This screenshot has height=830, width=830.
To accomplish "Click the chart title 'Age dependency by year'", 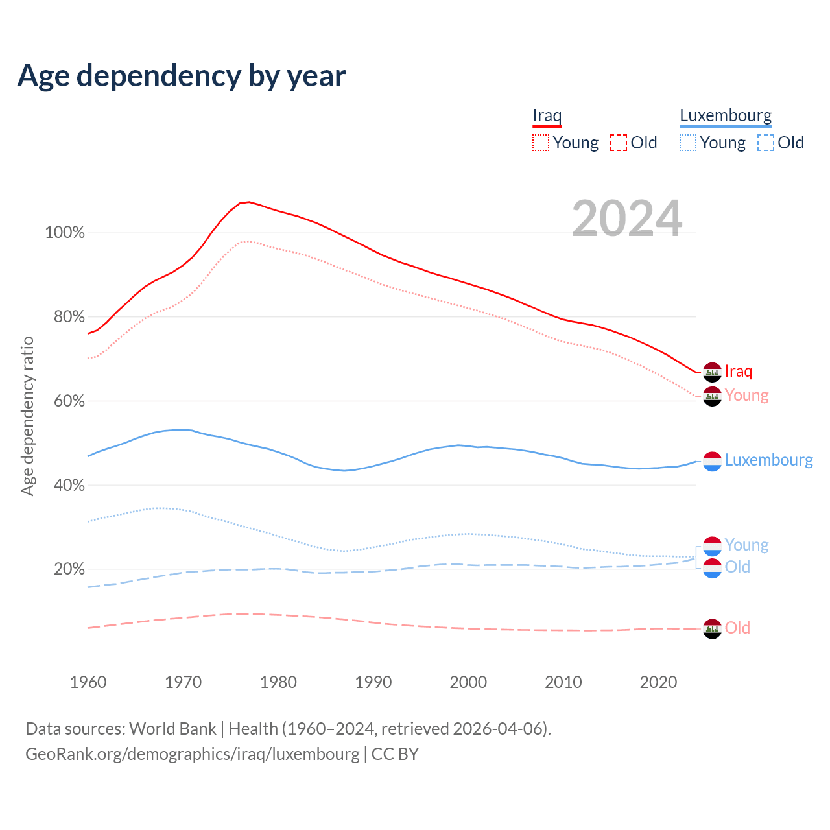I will click(182, 76).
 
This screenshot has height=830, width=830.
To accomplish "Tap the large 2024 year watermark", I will click(626, 219).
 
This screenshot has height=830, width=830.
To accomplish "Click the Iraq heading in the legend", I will click(547, 116).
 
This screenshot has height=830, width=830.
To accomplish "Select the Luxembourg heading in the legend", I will click(726, 116).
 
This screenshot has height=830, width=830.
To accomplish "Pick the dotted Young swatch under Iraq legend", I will click(540, 143).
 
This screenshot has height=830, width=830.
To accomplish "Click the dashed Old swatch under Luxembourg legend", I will click(765, 143).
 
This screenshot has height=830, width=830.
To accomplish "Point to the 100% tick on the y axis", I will click(65, 233).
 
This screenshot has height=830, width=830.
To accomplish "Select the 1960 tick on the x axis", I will click(88, 682).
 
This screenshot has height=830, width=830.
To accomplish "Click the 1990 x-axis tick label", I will click(373, 682).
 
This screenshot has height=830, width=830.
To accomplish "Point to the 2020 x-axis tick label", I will click(658, 682).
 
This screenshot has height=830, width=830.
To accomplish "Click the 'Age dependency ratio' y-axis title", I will click(27, 416).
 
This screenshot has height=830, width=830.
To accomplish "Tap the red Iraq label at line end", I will click(739, 372).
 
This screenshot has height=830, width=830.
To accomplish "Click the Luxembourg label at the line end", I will click(768, 460).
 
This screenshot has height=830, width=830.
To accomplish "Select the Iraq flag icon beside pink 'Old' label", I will click(712, 628).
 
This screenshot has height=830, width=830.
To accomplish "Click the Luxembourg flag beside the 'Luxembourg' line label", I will click(712, 461).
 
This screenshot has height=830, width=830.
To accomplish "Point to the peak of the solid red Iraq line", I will click(248, 202).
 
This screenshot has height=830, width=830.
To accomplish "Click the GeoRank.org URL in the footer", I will click(192, 754).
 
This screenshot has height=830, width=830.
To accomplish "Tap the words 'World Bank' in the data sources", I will click(172, 729).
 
